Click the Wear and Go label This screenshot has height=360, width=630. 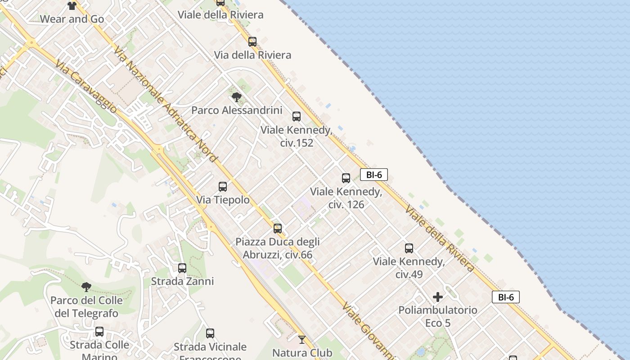point(72,19)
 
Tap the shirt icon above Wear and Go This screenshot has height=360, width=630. point(72,6)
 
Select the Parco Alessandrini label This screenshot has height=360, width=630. point(237,110)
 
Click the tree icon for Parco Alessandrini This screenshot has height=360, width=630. point(236,97)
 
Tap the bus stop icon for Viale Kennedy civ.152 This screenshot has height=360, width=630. point(297,117)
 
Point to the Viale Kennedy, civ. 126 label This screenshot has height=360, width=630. point(346,198)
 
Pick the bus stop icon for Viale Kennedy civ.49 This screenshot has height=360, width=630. point(409,248)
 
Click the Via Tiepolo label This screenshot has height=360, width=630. point(223,200)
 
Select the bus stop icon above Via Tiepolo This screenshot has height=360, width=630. point(223,187)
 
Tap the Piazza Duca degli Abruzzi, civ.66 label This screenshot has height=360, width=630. point(278,248)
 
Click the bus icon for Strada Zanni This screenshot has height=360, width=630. point(182,268)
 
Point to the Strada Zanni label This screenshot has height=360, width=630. point(182,281)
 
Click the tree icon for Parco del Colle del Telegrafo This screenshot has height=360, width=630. point(86,287)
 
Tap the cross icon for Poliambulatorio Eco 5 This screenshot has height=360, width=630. point(438,297)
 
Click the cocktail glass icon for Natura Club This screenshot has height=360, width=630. point(302,340)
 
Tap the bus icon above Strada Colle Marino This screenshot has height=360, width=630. point(99,332)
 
